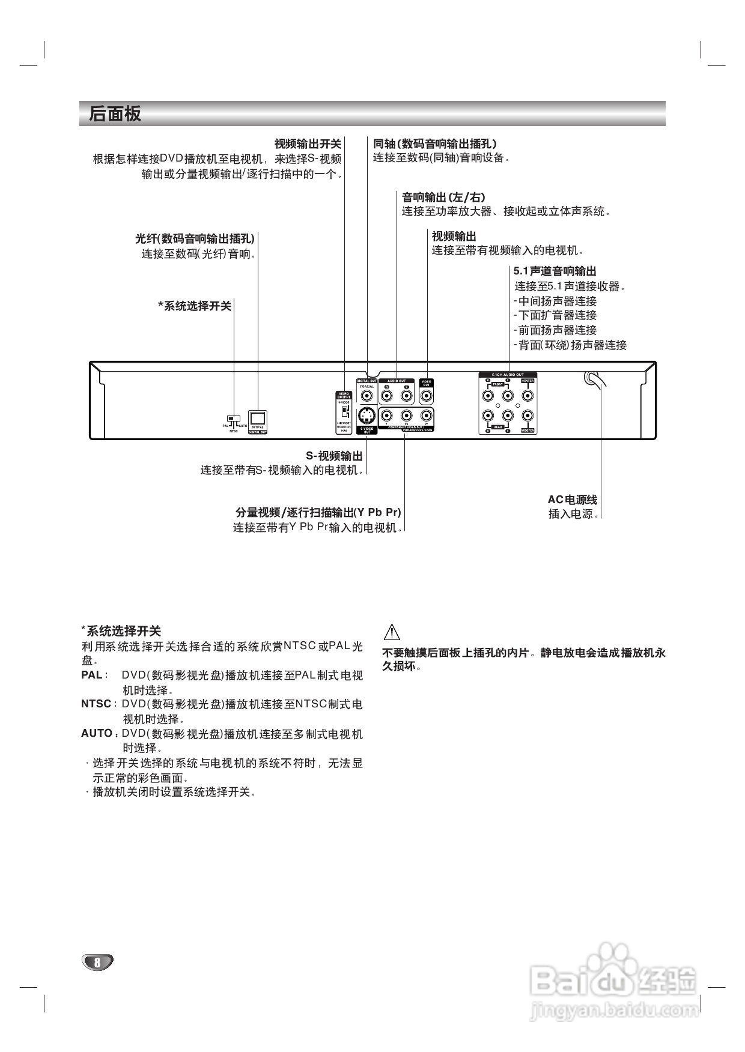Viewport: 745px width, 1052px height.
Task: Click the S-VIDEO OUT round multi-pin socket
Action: (x=366, y=416)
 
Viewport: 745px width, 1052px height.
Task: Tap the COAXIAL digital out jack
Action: (x=366, y=396)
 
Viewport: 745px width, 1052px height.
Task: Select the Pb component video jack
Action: (x=406, y=416)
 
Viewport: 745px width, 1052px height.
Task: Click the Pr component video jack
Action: (x=426, y=416)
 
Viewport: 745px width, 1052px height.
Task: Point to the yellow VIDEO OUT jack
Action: (x=426, y=396)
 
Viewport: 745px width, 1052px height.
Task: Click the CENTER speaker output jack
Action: (x=527, y=396)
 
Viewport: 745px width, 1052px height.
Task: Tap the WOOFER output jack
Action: (x=527, y=416)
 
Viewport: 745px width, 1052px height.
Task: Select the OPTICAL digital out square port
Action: (x=258, y=418)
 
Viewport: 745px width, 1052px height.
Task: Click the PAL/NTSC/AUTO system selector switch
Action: (x=232, y=419)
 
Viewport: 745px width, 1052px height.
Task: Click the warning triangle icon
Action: (x=391, y=632)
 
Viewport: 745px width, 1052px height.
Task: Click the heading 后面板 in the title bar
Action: (x=115, y=114)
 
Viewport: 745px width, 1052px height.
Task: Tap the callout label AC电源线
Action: (x=572, y=500)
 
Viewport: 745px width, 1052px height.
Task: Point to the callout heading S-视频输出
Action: (x=334, y=456)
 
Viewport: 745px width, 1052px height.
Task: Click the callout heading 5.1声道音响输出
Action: (x=555, y=271)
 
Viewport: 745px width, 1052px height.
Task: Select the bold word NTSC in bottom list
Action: (x=96, y=704)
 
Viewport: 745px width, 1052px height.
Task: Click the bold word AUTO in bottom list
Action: (x=97, y=733)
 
